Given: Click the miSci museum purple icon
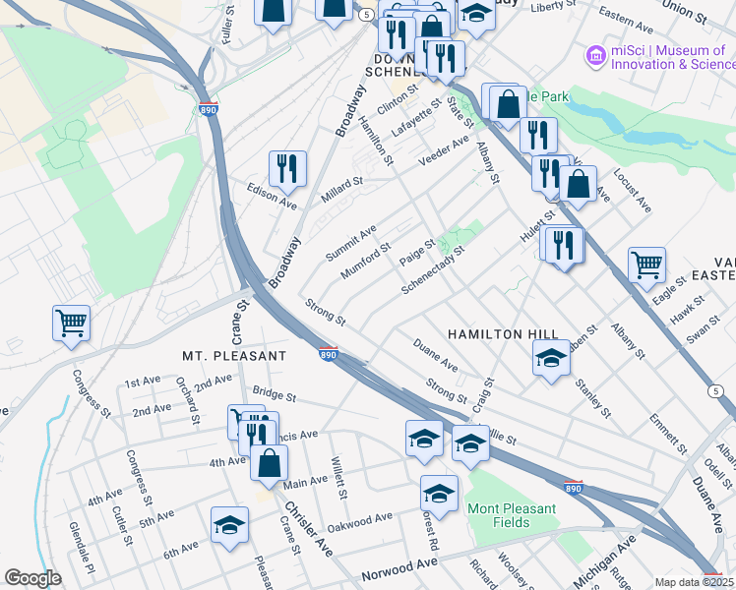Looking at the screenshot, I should pos(594,57).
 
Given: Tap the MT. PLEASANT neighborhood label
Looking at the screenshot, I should pos(234,355).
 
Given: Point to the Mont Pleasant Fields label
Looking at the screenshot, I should pos(511,515).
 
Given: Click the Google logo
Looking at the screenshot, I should pos(32,578).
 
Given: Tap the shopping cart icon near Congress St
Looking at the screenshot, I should pos(72,323).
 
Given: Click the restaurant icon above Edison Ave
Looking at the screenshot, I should pos(287,168).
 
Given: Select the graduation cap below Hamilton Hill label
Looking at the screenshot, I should pos(551,359).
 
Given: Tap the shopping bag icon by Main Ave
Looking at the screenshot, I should pos(269,463).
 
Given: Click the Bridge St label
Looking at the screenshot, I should pos(273,395).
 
